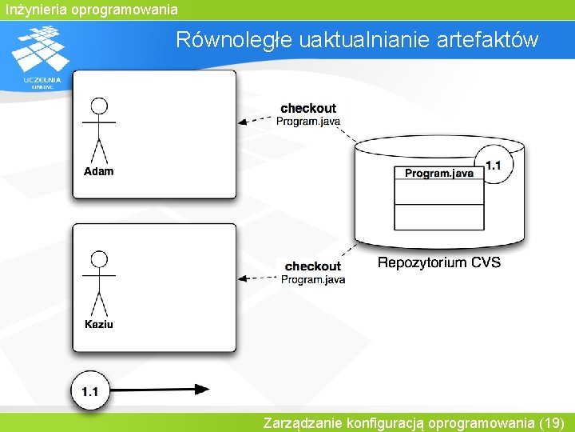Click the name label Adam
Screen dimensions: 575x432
99,171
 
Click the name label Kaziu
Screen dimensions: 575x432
99,324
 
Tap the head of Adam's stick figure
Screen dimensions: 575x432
99,107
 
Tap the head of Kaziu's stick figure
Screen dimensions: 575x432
99,260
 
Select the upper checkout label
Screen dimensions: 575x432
308,108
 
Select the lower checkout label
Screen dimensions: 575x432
312,266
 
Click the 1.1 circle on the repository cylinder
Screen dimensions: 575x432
494,166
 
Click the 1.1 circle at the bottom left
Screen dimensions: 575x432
90,391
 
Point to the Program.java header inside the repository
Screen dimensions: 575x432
438,173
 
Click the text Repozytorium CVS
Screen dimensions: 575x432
438,262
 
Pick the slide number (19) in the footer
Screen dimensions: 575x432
552,422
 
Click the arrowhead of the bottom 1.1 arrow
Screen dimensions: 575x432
201,390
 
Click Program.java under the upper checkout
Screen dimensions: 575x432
308,122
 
